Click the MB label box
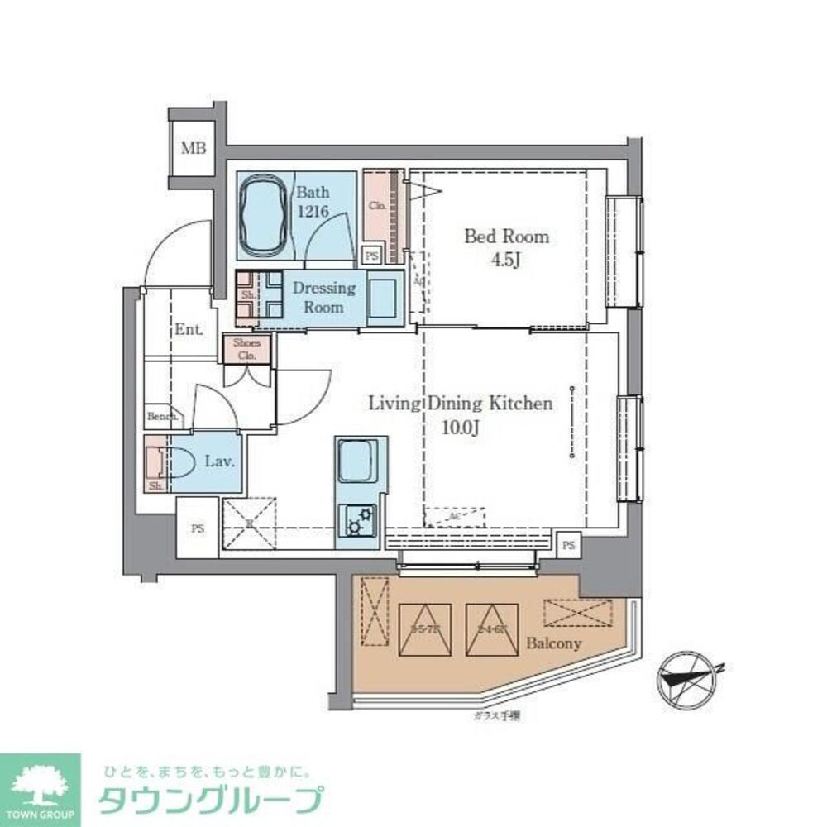coord(194,149)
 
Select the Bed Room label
coord(506,237)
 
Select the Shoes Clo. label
coord(247,349)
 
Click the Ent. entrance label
coord(189,329)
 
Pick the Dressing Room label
coord(324,296)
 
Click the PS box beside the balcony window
coord(567,544)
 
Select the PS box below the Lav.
coord(197,528)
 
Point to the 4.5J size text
coord(506,260)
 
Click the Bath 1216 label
coord(313,203)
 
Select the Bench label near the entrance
coord(160,417)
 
